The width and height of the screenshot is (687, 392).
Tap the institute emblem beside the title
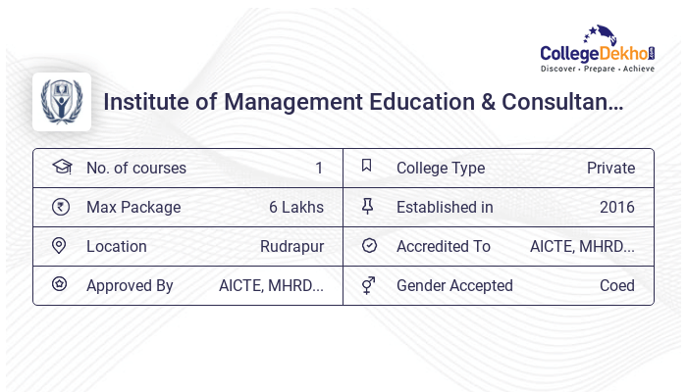pos(62,102)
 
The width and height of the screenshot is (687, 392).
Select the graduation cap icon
pos(61,168)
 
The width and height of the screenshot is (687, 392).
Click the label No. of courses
pos(136,169)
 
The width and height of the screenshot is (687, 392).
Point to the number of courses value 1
pos(319,169)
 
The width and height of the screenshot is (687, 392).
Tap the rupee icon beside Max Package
pos(61,207)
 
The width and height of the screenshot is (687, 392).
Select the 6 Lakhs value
pos(296,208)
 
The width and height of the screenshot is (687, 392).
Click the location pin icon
pos(60,246)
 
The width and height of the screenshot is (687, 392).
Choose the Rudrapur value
pos(292,247)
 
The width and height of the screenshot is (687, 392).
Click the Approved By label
pos(130,286)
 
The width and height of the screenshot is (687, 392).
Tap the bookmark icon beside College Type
pos(367,167)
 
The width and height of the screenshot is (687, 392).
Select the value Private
pos(610,169)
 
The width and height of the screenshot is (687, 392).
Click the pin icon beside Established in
pos(368,207)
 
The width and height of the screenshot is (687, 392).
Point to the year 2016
pos(617,208)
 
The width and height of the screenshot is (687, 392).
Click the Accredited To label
pos(444,247)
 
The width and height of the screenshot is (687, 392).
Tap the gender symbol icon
pos(368,285)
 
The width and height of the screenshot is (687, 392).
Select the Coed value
pos(617,286)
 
